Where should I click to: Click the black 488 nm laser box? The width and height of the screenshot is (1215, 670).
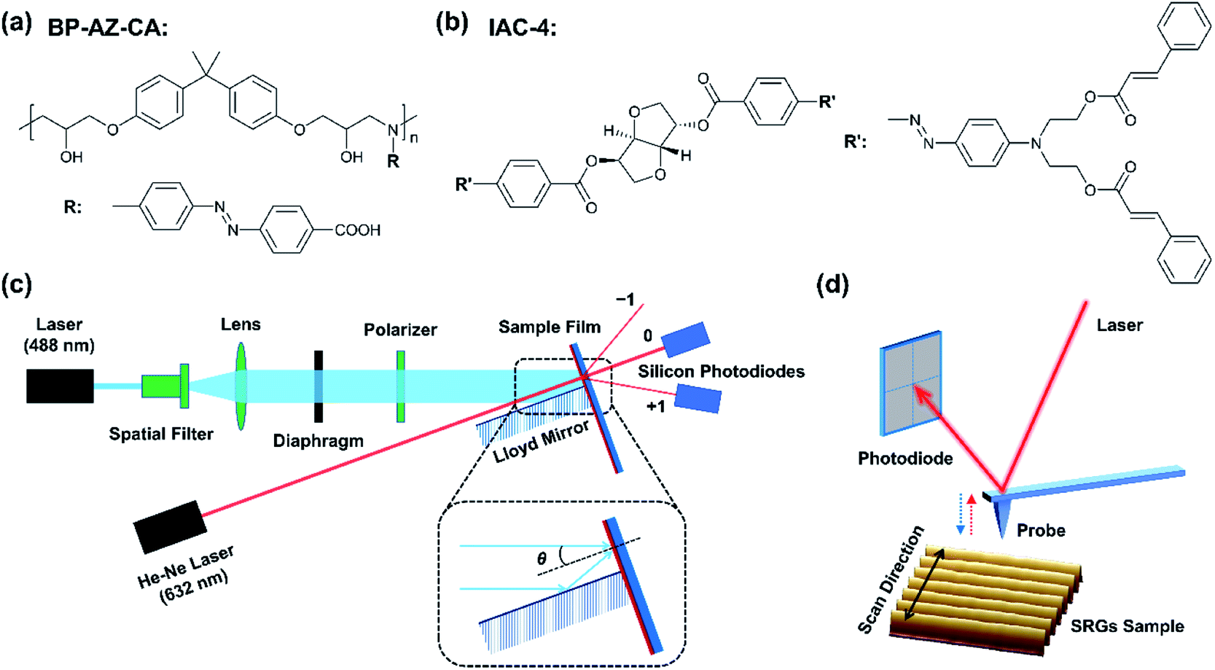[60, 386]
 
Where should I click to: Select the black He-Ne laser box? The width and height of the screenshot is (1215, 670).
[169, 526]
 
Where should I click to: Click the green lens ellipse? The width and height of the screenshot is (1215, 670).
[241, 386]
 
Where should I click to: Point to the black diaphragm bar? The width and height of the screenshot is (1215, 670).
[319, 386]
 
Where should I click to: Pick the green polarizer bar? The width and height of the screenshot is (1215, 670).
[401, 386]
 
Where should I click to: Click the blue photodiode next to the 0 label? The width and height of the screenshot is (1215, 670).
[685, 338]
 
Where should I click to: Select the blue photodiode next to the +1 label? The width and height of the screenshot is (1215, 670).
[698, 400]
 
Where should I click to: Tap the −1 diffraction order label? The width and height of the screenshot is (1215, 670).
[625, 300]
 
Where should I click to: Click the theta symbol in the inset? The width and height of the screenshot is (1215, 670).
[542, 559]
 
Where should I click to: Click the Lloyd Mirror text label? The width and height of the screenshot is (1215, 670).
[541, 443]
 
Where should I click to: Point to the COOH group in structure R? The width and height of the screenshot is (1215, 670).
[357, 230]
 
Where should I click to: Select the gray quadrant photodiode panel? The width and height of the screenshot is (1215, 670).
[911, 383]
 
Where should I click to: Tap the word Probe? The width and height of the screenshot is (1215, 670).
[1041, 530]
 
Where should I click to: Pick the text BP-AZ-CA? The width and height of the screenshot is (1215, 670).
[107, 28]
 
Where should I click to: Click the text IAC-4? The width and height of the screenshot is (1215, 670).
[522, 28]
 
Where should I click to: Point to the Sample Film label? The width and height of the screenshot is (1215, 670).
[549, 327]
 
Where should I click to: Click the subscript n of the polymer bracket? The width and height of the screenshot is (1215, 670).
[414, 137]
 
